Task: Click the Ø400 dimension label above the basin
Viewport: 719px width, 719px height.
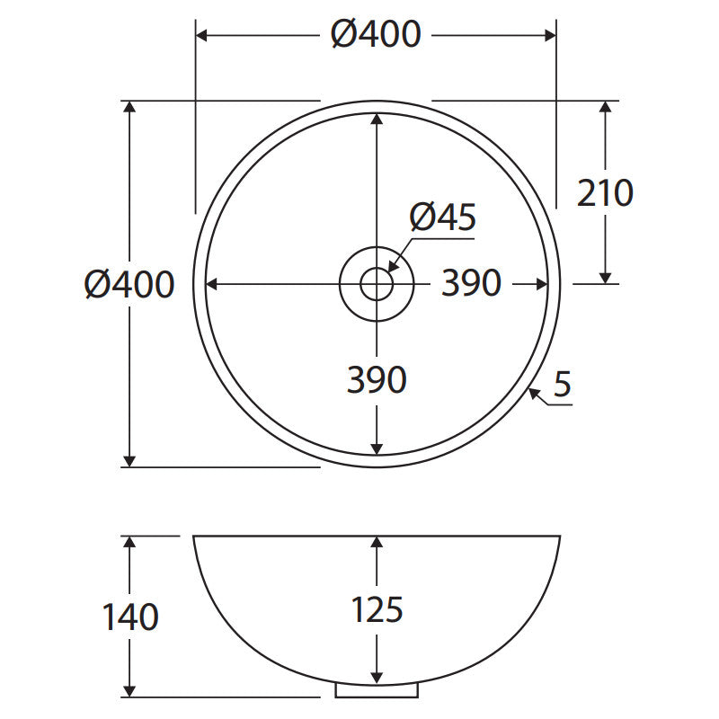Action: (376, 34)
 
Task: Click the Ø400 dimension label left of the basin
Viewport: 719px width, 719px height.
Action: (129, 284)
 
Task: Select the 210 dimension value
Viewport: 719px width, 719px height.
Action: (605, 193)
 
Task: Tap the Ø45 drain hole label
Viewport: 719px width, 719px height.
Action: (443, 217)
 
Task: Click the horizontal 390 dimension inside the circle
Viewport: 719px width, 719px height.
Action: (471, 283)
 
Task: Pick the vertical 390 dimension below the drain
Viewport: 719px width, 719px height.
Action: (377, 379)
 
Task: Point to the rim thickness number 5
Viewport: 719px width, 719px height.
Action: (563, 384)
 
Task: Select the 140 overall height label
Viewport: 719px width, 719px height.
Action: (130, 617)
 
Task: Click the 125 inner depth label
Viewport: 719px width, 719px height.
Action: (377, 609)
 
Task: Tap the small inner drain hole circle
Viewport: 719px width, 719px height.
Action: (360, 284)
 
